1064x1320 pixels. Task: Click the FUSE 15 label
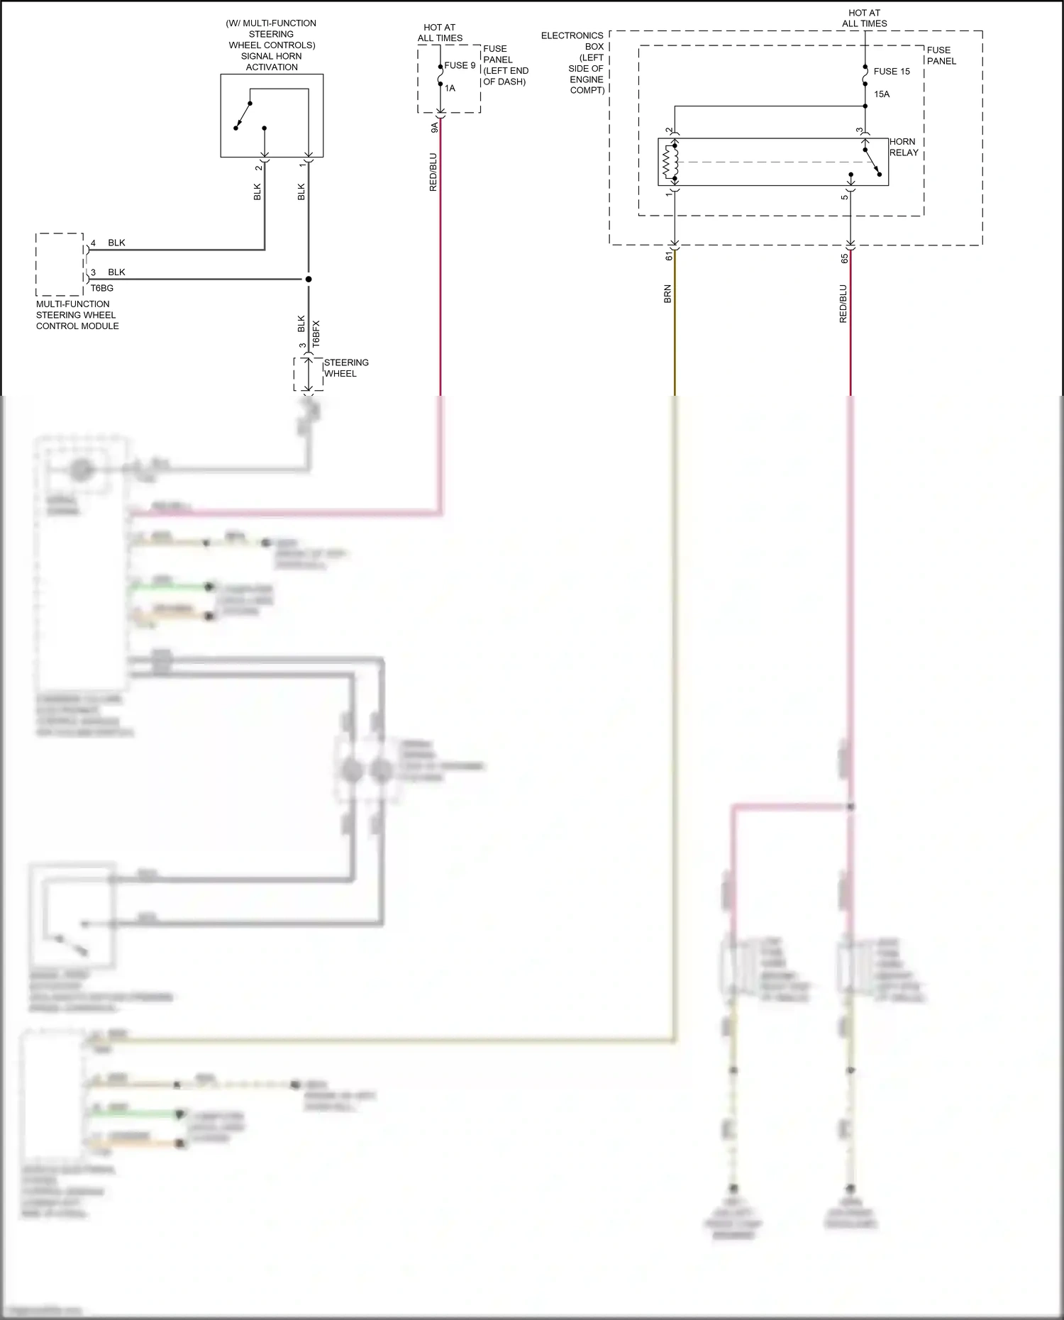(x=891, y=72)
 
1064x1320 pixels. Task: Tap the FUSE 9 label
(x=460, y=65)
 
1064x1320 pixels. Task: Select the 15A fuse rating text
(x=882, y=94)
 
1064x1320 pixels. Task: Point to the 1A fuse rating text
(x=450, y=89)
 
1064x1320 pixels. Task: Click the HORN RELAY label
(x=904, y=147)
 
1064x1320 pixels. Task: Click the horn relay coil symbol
(x=668, y=162)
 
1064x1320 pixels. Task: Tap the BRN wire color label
(x=667, y=294)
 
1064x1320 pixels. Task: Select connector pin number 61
(x=668, y=256)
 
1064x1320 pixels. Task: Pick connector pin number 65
(x=844, y=259)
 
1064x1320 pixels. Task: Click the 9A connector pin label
(x=434, y=128)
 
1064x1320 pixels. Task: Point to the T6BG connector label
(x=101, y=288)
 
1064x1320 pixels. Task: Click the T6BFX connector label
(x=316, y=333)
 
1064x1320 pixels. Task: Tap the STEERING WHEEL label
(x=345, y=368)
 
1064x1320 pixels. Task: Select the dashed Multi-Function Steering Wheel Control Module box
(x=60, y=264)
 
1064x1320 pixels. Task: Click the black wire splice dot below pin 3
(x=309, y=279)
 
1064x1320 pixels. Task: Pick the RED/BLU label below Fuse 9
(x=433, y=172)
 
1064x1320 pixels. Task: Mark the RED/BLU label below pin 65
(x=843, y=304)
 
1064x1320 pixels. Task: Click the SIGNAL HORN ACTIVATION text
(x=271, y=61)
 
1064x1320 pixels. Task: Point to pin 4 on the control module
(x=93, y=243)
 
